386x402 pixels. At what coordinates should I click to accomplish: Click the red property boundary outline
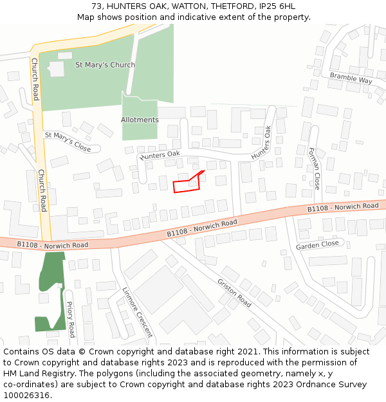pos(187,184)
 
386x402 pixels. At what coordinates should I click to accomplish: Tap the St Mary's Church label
pos(105,65)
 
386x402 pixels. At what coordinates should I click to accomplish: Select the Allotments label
pos(140,120)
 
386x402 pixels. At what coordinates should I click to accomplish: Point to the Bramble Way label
pos(351,78)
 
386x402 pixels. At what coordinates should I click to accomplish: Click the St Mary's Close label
pos(68,142)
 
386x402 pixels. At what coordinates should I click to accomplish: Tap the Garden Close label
pos(317,245)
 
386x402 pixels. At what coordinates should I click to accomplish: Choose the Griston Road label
pos(234,293)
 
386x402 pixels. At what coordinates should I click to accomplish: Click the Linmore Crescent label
pos(137,312)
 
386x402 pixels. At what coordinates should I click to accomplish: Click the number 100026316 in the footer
pos(26,395)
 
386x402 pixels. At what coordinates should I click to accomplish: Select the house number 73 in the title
pos(96,6)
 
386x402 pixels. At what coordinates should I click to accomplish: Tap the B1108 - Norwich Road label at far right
pos(342,207)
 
